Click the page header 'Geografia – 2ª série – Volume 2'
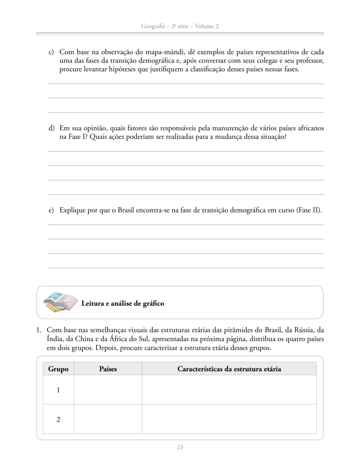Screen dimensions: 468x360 click(x=180, y=26)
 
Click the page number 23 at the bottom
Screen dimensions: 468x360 click(x=180, y=447)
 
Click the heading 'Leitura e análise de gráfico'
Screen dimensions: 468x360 click(x=122, y=304)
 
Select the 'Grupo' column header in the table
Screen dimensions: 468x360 click(x=58, y=369)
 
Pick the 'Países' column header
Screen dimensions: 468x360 click(x=108, y=369)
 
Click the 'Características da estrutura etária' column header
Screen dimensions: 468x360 click(x=229, y=369)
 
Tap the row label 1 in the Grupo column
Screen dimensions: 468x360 click(x=58, y=390)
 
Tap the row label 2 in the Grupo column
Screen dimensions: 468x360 click(x=58, y=419)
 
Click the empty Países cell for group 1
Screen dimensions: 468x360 click(x=108, y=390)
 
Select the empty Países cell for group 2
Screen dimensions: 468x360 click(x=108, y=419)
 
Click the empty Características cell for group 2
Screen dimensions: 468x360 click(x=229, y=419)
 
